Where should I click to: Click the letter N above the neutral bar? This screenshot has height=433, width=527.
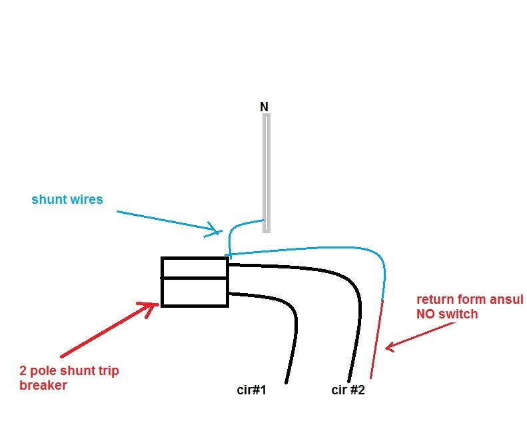pyautogui.click(x=264, y=107)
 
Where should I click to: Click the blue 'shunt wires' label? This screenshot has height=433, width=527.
pyautogui.click(x=67, y=199)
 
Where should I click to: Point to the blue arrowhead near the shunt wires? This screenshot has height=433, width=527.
pyautogui.click(x=213, y=230)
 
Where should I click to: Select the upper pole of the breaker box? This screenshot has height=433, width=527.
pyautogui.click(x=195, y=268)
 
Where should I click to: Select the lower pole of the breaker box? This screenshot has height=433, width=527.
pyautogui.click(x=195, y=292)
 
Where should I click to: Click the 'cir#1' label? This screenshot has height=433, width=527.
pyautogui.click(x=252, y=390)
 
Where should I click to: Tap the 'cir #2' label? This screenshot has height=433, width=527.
pyautogui.click(x=348, y=390)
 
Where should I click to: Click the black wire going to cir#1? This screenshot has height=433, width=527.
pyautogui.click(x=292, y=333)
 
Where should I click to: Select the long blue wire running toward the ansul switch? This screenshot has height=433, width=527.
pyautogui.click(x=313, y=249)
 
